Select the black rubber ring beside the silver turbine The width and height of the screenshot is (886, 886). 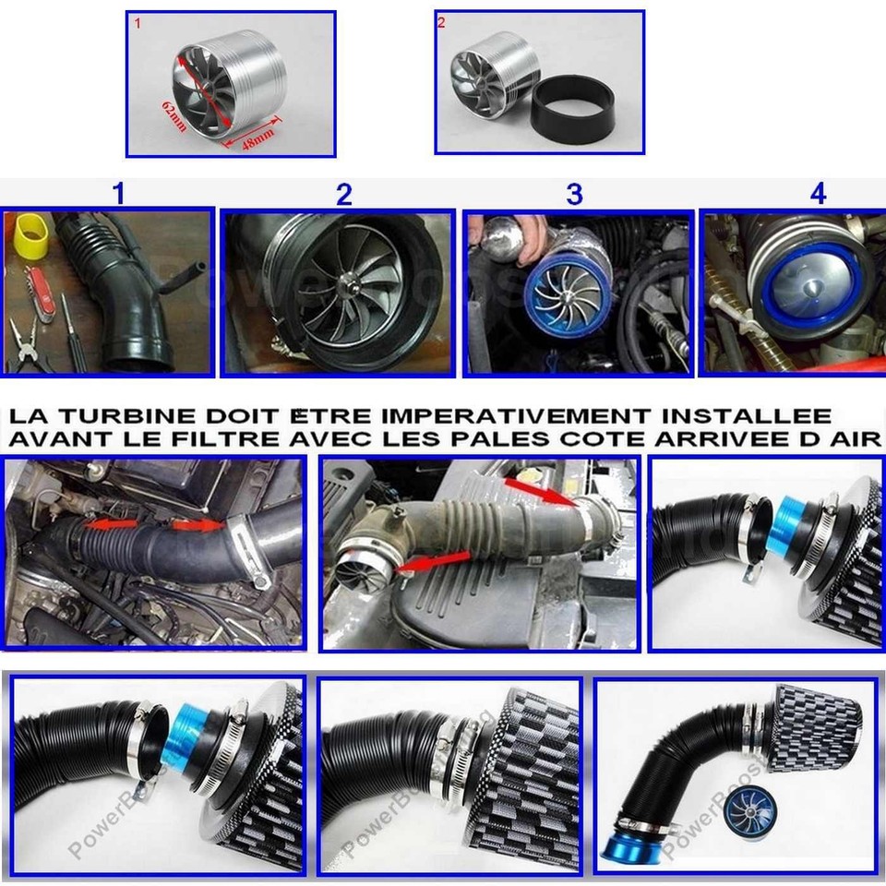pos(572,110)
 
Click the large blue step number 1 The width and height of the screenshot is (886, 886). pos(117,194)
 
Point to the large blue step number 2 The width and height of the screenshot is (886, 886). pos(343,194)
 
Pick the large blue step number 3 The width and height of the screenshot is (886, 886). pos(574,194)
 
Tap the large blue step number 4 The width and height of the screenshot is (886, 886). pos(818,194)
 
